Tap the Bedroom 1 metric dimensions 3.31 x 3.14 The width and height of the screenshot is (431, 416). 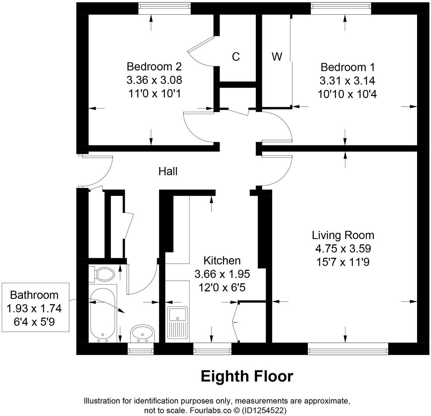click(x=347, y=81)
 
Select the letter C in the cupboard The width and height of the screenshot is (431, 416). click(x=236, y=57)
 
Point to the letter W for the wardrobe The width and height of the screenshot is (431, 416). click(x=277, y=57)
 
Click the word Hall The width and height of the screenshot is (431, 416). click(x=168, y=171)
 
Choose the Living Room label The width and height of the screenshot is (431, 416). click(x=343, y=235)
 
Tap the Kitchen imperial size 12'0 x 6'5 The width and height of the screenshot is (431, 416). click(x=222, y=288)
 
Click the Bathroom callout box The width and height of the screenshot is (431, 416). click(x=35, y=307)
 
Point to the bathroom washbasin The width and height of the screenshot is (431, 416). click(x=143, y=333)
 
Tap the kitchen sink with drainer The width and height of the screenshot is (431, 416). click(x=177, y=322)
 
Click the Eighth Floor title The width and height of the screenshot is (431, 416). click(x=247, y=376)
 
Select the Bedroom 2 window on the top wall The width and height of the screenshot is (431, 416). click(x=165, y=9)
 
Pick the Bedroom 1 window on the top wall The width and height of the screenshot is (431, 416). click(x=341, y=9)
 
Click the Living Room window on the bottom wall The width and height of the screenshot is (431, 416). click(x=348, y=349)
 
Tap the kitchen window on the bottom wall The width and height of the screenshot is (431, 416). click(x=212, y=349)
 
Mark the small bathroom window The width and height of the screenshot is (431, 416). click(x=140, y=349)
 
